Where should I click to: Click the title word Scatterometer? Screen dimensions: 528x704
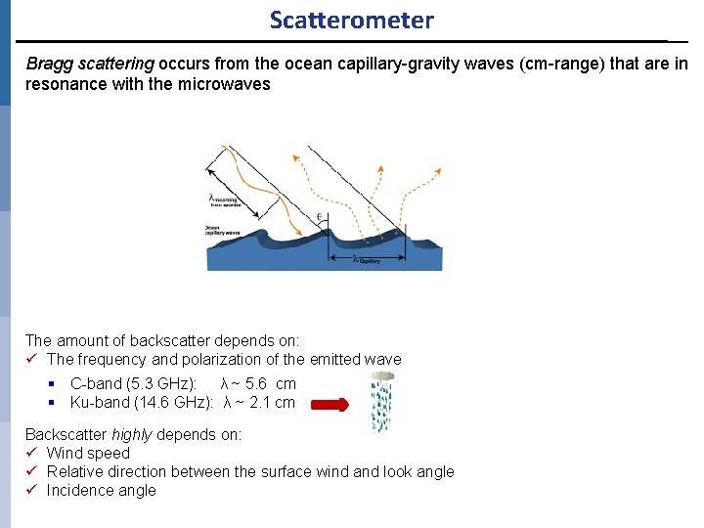tap(351, 20)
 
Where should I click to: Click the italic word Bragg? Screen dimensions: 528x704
tap(47, 64)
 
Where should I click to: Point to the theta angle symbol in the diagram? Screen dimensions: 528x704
tap(319, 216)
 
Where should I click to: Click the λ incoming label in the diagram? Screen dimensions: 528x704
tap(224, 200)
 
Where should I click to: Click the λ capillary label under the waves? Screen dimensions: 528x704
tap(366, 260)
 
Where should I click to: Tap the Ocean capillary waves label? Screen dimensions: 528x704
tap(223, 229)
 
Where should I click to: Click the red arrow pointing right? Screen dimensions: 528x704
tap(330, 405)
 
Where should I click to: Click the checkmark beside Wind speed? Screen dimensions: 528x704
tap(32, 453)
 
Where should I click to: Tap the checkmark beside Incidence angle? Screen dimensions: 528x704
tap(32, 490)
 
